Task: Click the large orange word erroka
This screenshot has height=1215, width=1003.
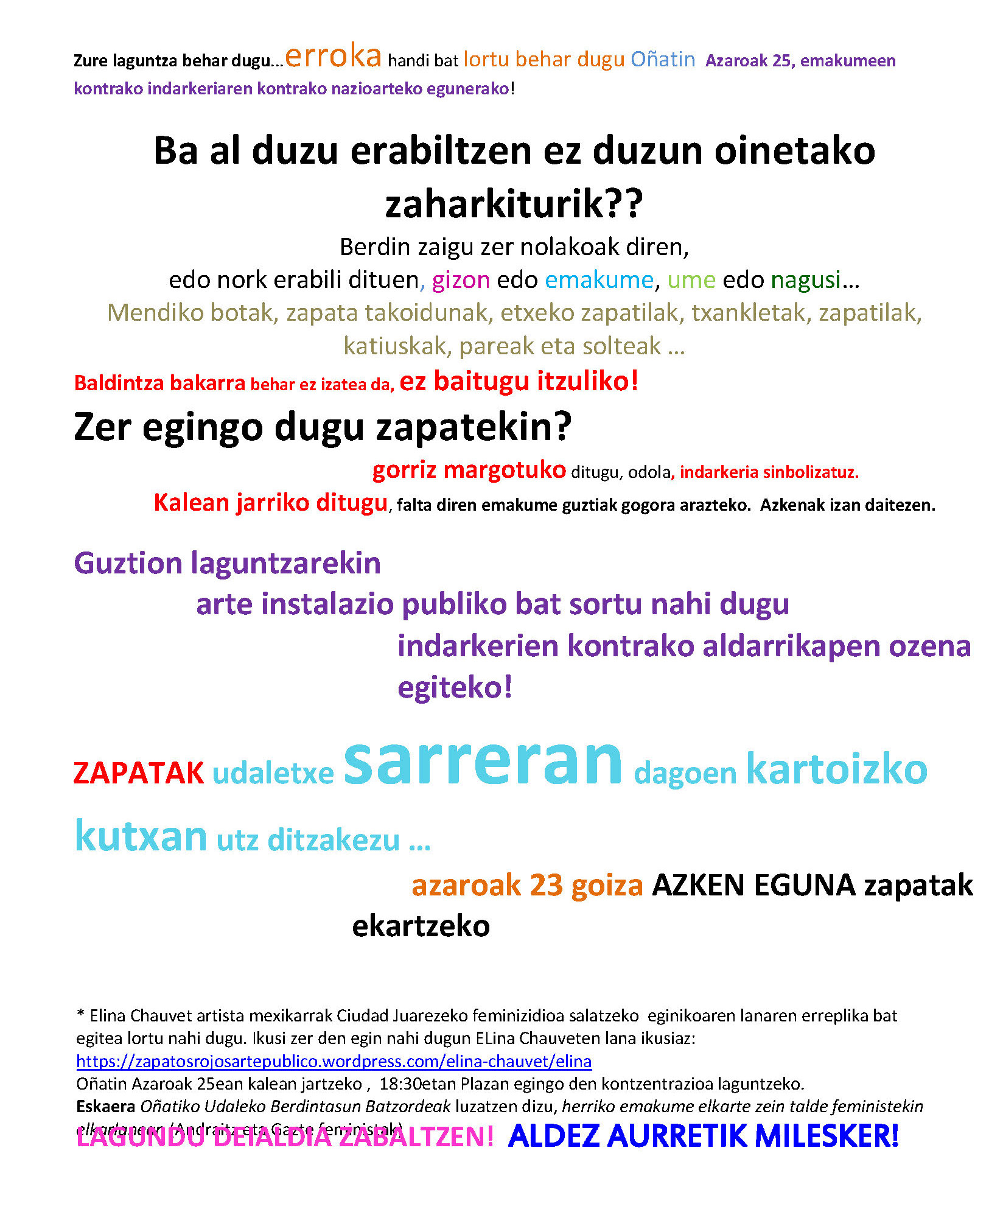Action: click(x=333, y=57)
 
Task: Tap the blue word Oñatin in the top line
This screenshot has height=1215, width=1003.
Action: click(x=663, y=60)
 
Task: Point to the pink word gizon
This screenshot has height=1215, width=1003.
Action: click(x=461, y=280)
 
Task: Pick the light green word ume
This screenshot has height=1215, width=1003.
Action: click(x=691, y=280)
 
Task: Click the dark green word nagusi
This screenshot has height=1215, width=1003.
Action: click(x=806, y=280)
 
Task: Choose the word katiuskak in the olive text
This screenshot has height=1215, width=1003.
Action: click(x=395, y=346)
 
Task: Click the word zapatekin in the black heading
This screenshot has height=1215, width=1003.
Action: click(x=474, y=427)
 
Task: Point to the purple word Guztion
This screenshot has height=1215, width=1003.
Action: click(x=128, y=564)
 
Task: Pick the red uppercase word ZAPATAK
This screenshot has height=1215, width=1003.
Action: click(x=139, y=774)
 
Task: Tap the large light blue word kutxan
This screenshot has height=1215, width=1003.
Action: click(x=141, y=837)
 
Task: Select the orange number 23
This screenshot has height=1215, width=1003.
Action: click(x=546, y=886)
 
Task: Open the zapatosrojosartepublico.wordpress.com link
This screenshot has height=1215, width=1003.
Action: click(x=334, y=1062)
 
